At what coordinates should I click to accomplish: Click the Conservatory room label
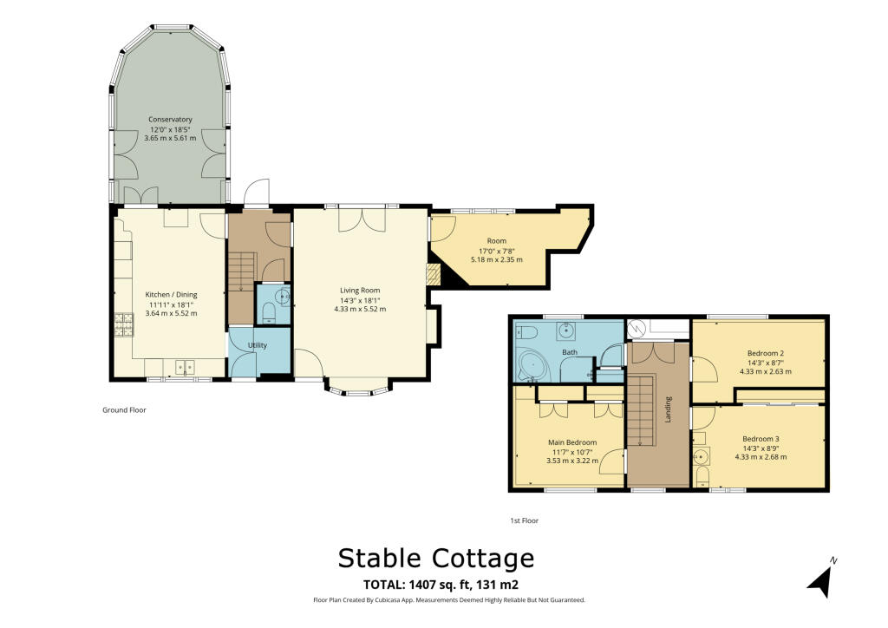click(170, 119)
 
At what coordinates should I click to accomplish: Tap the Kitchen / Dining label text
click(170, 294)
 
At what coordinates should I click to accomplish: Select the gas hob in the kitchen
click(121, 325)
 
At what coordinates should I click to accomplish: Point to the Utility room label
click(258, 345)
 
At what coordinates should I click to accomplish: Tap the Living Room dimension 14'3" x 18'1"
click(359, 300)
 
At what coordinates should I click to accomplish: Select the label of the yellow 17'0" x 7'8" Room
click(496, 241)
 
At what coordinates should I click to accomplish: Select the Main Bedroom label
click(572, 442)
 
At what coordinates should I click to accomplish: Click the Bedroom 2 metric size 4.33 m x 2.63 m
click(766, 371)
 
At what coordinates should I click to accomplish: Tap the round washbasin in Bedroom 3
click(702, 455)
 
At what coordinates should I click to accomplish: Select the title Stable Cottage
click(436, 557)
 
